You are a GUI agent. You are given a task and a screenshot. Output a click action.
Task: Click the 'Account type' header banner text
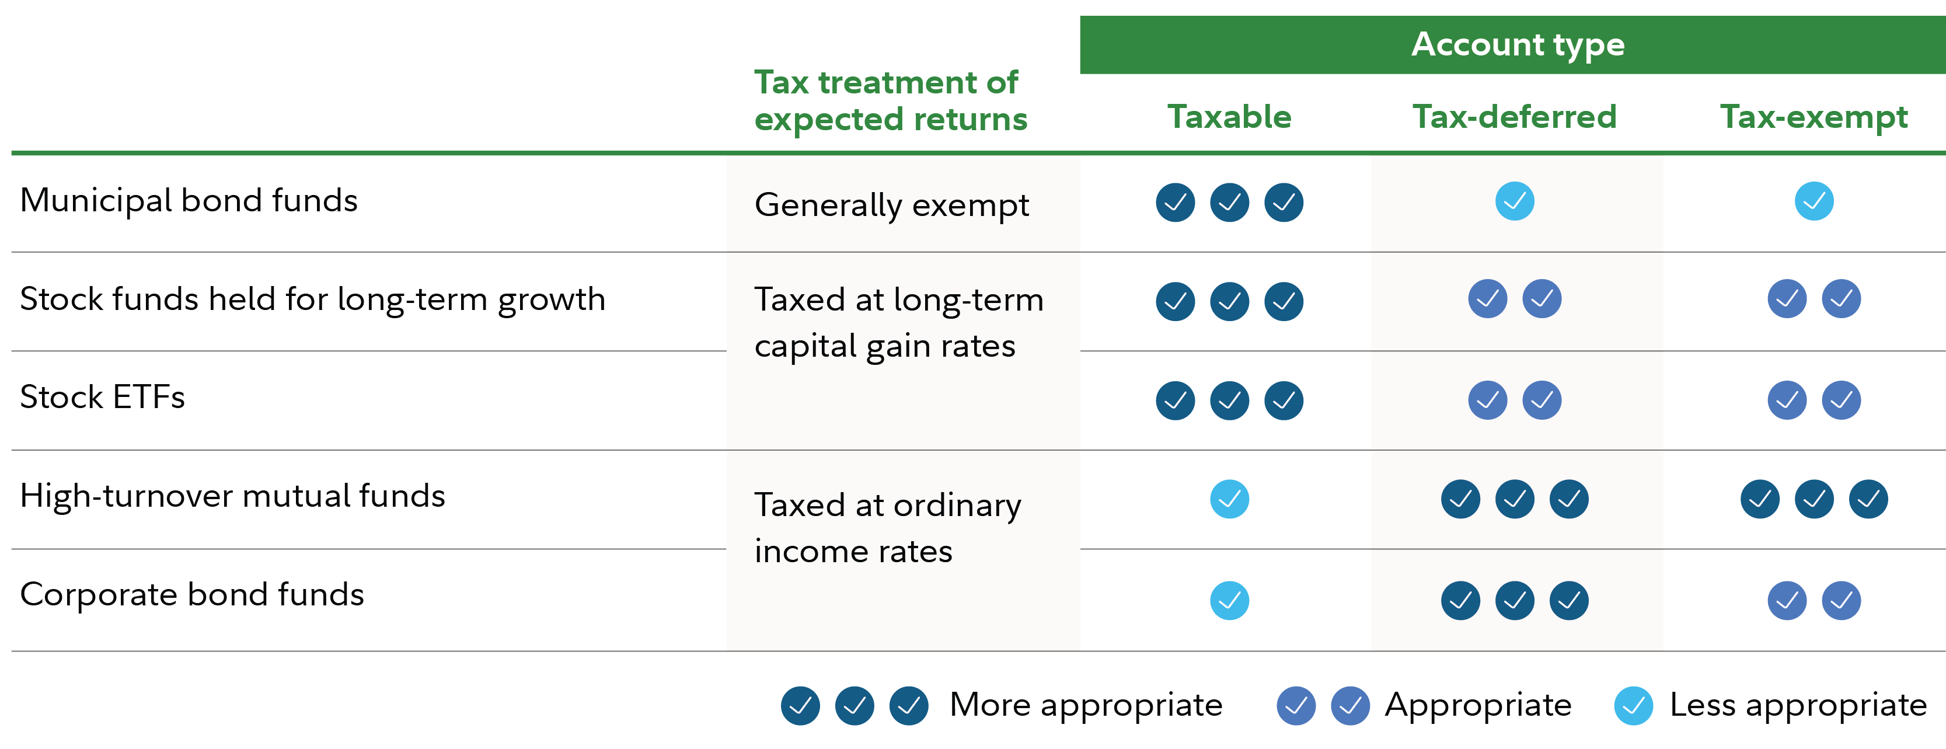1518,44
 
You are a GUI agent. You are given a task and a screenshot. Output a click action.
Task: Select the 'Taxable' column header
1229,116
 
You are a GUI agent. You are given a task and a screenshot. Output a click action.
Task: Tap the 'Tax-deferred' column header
1515,116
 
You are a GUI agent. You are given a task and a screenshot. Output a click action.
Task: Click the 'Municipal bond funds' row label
189,200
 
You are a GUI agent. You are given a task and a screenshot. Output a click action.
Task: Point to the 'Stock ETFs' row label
102,397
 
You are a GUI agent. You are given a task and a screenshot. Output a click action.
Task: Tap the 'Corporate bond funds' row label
192,595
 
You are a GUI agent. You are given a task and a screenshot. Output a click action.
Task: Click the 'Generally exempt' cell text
891,205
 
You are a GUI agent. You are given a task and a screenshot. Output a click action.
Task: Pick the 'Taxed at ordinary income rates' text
888,528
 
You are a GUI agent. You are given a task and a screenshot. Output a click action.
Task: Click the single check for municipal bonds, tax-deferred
1515,201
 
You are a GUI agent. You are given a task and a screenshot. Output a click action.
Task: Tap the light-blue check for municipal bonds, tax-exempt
1814,201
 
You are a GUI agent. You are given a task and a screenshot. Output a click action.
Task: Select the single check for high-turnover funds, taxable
1229,499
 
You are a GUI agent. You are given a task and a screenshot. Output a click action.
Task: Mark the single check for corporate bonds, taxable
1229,600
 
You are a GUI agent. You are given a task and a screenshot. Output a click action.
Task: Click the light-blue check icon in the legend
1633,706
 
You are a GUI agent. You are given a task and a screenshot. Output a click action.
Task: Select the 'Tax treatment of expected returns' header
891,100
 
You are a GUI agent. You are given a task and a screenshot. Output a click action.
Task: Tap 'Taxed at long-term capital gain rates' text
899,323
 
